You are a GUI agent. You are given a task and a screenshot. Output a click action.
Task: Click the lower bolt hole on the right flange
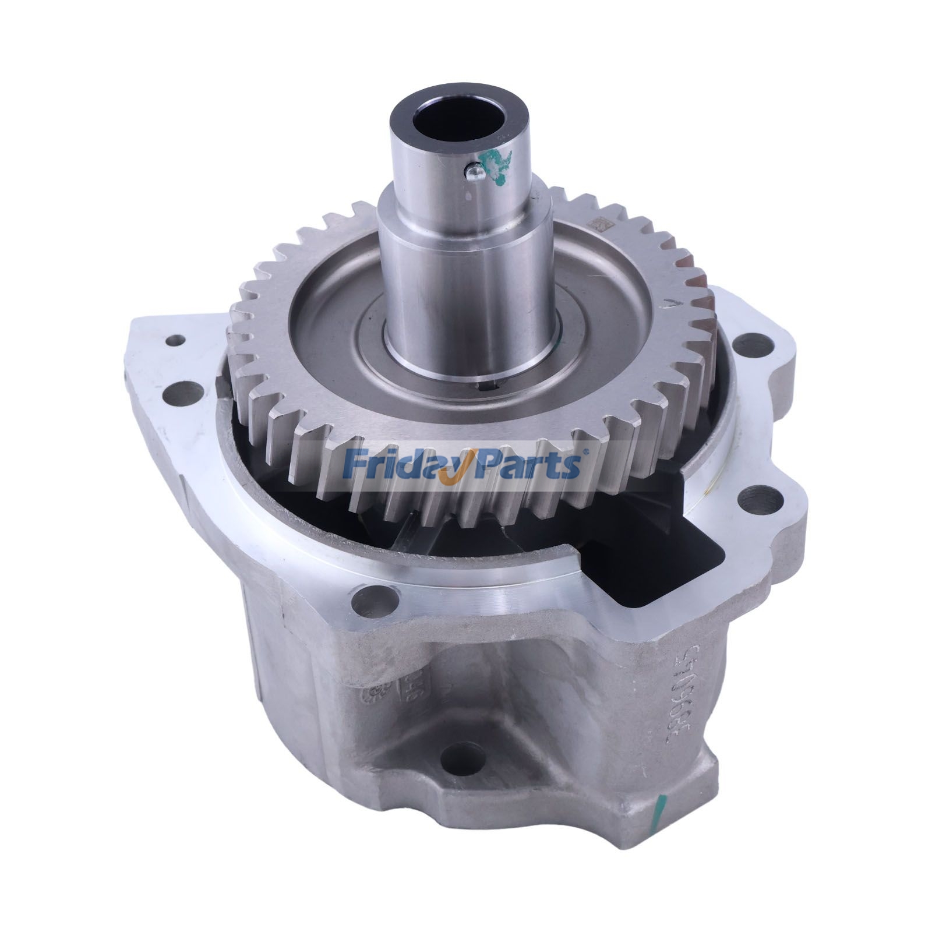tap(757, 500)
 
